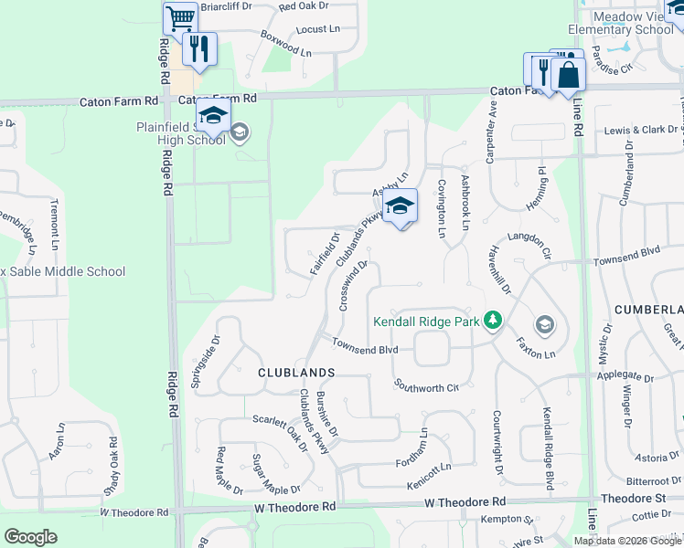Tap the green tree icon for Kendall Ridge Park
click(494, 320)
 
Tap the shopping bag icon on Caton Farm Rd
click(568, 74)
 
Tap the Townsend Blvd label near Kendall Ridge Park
click(365, 349)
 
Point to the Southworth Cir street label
click(426, 386)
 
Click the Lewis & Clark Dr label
click(642, 130)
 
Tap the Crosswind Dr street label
click(353, 286)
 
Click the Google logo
click(31, 537)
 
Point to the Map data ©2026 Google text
click(627, 540)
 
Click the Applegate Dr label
click(625, 375)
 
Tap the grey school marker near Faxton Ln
click(545, 325)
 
